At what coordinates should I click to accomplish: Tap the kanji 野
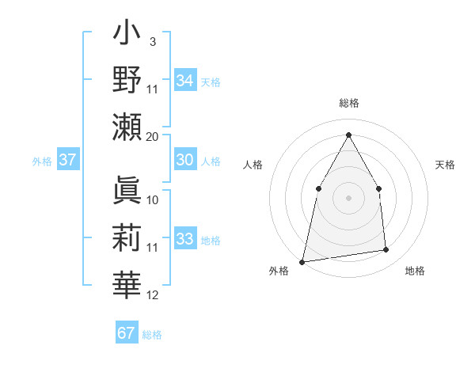coord(127,79)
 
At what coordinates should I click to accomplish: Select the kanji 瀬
coord(127,127)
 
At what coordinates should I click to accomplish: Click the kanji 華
coord(127,285)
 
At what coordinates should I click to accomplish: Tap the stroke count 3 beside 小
coord(152,41)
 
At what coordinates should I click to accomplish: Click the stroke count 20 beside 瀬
coord(153,136)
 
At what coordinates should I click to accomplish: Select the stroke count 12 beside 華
coord(153,295)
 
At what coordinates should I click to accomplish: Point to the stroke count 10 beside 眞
coord(153,199)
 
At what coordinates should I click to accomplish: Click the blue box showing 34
coord(184,81)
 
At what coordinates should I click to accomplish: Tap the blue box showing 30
coord(184,160)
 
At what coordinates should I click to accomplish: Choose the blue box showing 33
coord(184,239)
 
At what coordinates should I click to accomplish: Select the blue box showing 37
coord(67,160)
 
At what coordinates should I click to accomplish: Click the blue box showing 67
coord(127,333)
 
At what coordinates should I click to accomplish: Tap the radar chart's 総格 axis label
coord(348,104)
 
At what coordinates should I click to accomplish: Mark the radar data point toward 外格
coord(302,261)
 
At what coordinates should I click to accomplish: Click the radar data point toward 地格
coord(386,250)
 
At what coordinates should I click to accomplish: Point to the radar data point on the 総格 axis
coord(348,135)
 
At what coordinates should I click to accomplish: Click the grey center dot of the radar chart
coord(348,198)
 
